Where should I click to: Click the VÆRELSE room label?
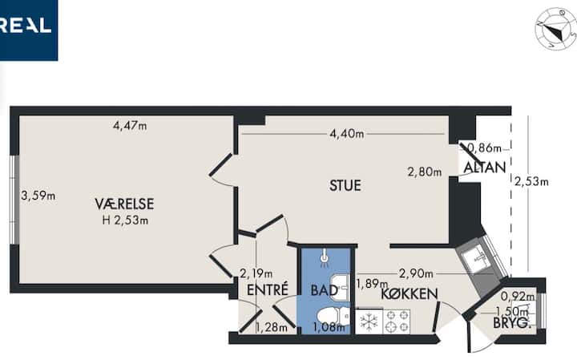click(124, 204)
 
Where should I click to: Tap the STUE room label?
click(345, 185)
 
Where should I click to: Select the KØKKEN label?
click(410, 294)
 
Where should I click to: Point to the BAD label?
click(325, 290)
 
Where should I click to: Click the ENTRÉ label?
click(268, 289)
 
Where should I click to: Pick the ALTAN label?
click(485, 168)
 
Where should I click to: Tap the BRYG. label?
click(510, 324)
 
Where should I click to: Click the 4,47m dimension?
click(130, 126)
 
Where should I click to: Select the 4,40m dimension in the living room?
click(347, 134)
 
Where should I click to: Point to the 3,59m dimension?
click(38, 196)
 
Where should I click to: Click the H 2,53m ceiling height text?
click(125, 220)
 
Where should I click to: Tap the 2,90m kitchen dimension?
click(416, 274)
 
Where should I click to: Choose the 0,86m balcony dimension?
click(484, 148)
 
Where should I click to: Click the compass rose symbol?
click(555, 30)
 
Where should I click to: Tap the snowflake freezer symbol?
click(369, 322)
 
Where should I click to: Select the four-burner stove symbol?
click(397, 322)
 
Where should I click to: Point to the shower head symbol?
click(325, 257)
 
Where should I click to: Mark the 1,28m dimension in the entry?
click(272, 327)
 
